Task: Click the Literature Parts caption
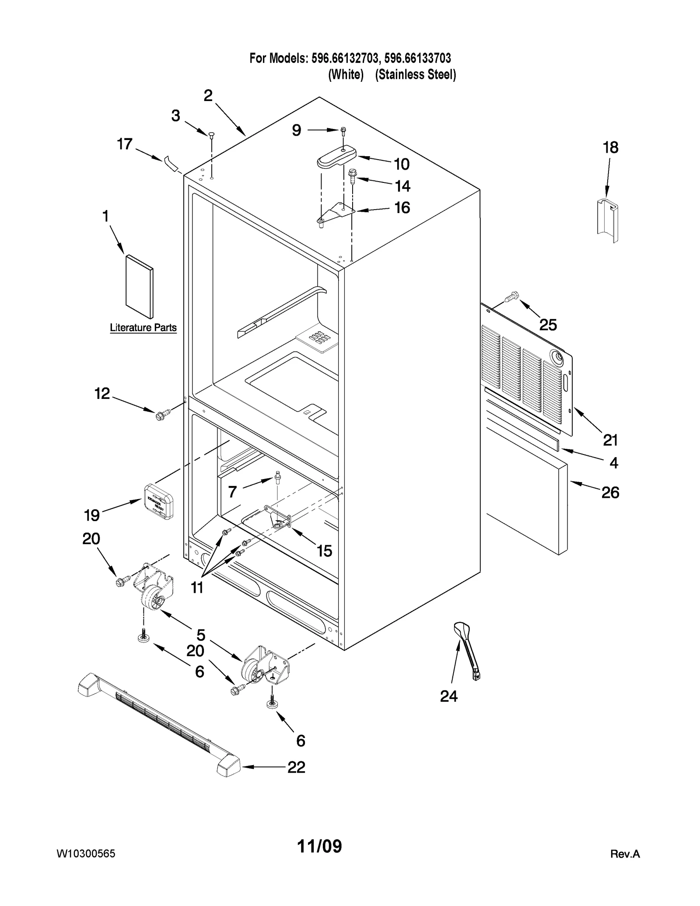(143, 327)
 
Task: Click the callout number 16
(402, 208)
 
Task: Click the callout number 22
(296, 767)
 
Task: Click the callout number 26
(610, 493)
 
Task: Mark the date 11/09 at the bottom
(319, 846)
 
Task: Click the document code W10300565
(86, 854)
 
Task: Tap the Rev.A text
(625, 854)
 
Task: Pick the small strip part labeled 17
(171, 163)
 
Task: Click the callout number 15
(324, 551)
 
